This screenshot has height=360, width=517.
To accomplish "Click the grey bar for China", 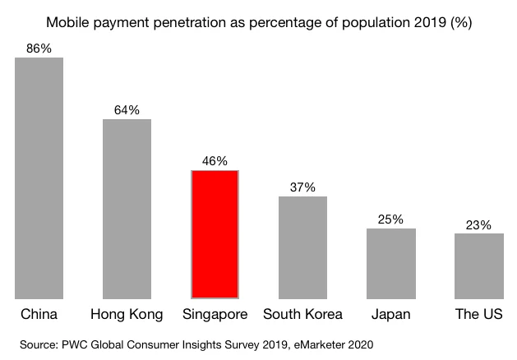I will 39,178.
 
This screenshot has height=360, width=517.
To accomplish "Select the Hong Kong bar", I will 127,209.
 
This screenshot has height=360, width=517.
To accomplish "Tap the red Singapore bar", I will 215,234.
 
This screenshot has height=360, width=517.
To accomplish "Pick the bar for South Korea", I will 302,247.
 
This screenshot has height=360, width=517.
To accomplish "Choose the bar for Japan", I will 391,263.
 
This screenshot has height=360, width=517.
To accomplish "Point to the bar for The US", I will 478,265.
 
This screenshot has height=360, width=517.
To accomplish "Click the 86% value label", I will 39,48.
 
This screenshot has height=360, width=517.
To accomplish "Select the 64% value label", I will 127,110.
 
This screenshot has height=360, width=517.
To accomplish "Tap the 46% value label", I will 215,161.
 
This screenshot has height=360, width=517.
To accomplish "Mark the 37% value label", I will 302,187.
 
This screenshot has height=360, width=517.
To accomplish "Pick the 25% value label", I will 391,219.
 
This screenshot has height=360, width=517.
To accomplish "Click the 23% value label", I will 478,224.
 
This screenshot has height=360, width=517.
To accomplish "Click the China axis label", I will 39,315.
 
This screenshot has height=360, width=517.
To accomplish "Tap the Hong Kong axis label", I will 127,315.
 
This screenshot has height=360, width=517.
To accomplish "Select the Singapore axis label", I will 215,315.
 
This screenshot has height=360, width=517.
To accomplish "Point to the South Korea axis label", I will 303,315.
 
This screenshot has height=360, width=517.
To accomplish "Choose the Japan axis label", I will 391,315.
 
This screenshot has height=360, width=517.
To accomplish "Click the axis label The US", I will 478,315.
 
